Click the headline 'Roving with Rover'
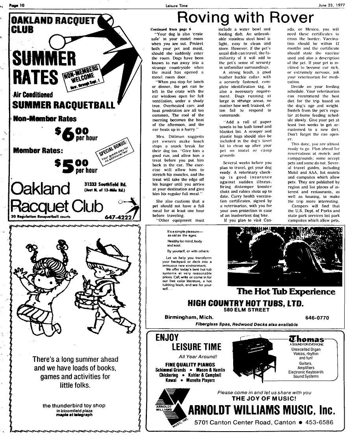click(x=245, y=18)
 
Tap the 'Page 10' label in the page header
click(x=17, y=5)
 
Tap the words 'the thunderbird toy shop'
click(x=74, y=406)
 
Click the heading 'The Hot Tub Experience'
click(x=286, y=292)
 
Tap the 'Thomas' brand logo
click(x=306, y=339)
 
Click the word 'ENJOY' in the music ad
click(x=167, y=337)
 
